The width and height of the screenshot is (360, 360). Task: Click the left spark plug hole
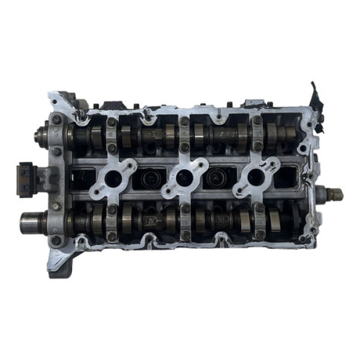pos(112,176)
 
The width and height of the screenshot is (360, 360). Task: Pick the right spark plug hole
pos(256,176)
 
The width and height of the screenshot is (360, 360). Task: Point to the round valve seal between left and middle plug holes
pos(148,178)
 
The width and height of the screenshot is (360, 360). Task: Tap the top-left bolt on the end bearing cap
pos(56,119)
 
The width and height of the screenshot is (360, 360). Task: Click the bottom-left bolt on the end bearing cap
pos(56,241)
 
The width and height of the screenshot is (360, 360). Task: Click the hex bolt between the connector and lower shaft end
pos(56,206)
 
